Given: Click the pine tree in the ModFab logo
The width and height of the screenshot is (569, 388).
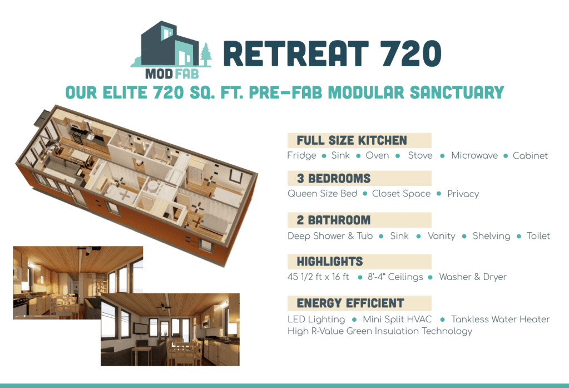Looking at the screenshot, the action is [206, 55].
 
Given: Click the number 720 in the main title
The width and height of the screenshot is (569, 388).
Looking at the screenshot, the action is [411, 53].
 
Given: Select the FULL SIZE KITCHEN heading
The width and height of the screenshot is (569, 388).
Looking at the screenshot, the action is [352, 140].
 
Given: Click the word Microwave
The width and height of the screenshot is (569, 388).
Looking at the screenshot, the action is [474, 155].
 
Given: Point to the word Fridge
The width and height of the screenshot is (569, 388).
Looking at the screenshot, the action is [301, 156].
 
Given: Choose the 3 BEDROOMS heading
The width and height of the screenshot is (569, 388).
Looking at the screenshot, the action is [334, 178].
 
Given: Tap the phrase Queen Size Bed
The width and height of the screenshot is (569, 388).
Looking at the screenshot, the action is [322, 194].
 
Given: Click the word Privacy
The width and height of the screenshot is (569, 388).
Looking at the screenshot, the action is [463, 194].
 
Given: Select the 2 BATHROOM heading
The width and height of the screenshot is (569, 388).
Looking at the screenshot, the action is [334, 220].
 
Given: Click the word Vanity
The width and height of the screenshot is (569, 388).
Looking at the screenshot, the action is [441, 236].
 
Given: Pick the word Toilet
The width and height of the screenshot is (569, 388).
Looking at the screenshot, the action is [538, 236].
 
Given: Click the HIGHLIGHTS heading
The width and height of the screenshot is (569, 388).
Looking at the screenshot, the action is [329, 262].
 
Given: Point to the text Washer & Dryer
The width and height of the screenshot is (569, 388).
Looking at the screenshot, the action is [472, 277].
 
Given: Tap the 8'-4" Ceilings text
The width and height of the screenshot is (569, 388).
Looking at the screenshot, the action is [395, 277].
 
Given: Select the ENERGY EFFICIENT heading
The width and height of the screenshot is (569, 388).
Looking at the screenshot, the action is [350, 303].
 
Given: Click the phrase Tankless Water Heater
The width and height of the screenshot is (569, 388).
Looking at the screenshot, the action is [500, 320].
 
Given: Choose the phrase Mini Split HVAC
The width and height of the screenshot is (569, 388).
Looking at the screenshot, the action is [397, 320].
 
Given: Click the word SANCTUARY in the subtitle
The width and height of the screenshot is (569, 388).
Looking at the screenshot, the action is [457, 92].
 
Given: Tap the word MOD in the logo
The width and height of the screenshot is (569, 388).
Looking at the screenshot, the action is [159, 74].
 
